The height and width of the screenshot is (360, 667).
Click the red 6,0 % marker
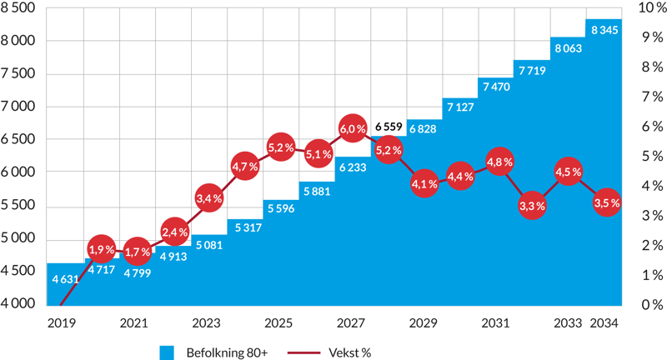coord(352,129)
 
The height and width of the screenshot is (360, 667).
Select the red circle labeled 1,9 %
coord(100,249)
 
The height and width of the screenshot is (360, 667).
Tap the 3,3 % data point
coord(532,205)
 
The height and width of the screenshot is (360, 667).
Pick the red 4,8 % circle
coord(499,162)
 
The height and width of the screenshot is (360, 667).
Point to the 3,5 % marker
coord(605,202)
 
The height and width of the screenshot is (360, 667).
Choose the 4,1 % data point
coord(424,184)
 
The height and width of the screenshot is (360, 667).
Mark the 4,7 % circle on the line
coord(245,167)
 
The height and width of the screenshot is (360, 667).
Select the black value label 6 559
coord(389,127)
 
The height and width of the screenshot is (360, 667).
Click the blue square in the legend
coord(167,352)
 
